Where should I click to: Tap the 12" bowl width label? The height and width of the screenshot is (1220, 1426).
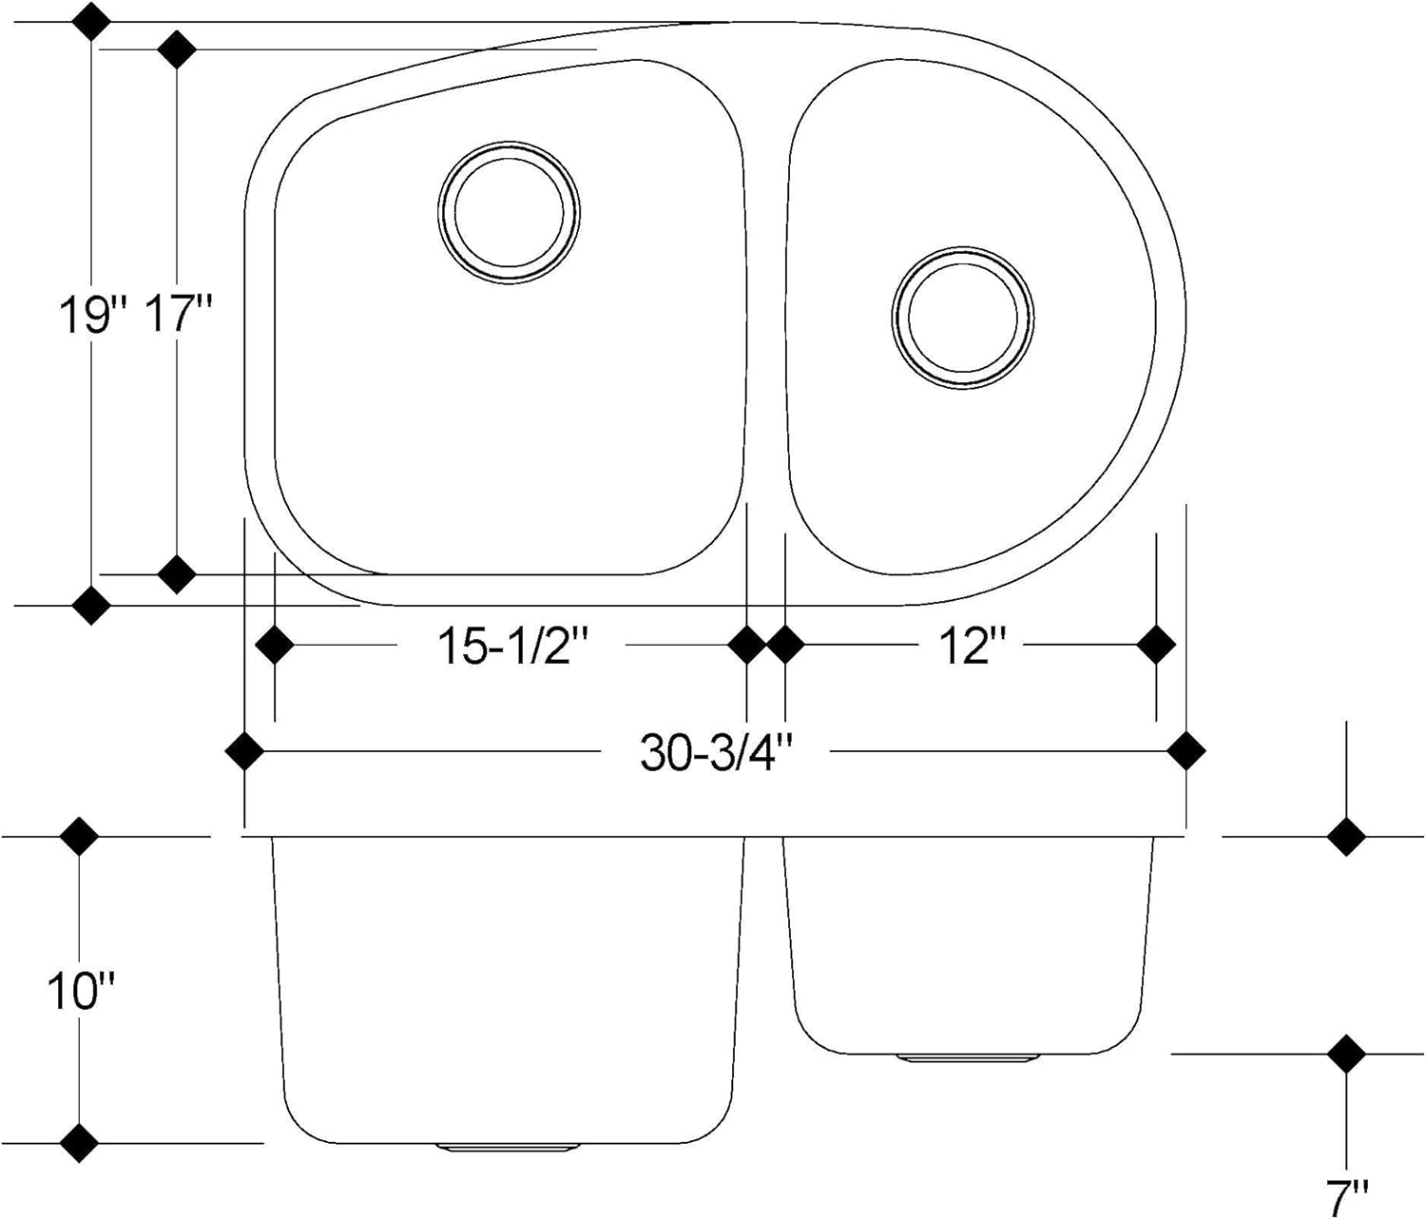click(972, 647)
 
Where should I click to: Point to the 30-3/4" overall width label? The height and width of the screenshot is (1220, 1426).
click(717, 753)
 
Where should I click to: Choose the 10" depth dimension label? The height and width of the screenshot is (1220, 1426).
click(80, 992)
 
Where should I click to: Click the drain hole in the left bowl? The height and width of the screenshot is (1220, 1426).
click(509, 212)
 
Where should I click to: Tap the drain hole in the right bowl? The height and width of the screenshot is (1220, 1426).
click(963, 317)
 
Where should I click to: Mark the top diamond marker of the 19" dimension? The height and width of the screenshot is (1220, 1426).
click(90, 21)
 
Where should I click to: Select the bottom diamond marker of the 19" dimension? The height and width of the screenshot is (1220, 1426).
click(90, 605)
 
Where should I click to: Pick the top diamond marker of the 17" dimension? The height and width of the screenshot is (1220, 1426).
click(177, 49)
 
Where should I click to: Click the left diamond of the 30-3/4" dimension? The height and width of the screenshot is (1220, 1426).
click(245, 751)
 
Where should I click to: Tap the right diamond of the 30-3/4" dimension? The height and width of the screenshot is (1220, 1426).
click(1185, 751)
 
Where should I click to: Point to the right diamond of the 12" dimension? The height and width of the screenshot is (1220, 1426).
click(1156, 645)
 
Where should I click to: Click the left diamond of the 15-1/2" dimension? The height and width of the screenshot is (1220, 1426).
click(275, 645)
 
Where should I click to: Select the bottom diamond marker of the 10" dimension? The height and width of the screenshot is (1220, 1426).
click(79, 1143)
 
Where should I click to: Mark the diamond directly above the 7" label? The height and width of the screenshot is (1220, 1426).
click(1345, 1054)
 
